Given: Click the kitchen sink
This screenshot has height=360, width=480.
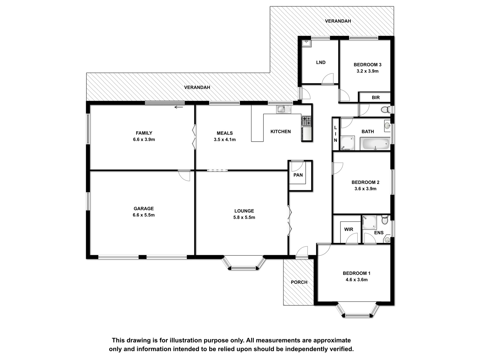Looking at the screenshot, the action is (283, 109).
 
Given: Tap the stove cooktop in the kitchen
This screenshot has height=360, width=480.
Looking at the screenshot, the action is (306, 121).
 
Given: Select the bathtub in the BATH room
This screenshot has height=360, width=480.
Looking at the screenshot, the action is (375, 144).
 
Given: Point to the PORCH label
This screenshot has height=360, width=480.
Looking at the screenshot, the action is (299, 282).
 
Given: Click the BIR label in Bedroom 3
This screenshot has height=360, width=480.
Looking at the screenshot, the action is (376, 97).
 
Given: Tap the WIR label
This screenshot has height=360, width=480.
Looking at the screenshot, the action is (348, 229).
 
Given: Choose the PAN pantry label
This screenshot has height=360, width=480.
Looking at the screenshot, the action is (298, 175).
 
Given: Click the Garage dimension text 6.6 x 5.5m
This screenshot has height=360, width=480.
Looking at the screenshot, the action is (143, 215).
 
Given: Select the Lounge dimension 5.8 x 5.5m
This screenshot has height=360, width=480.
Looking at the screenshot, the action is (244, 217).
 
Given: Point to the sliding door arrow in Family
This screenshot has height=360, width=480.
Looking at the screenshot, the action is (178, 107).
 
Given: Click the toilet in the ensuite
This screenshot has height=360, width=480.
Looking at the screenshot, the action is (385, 219).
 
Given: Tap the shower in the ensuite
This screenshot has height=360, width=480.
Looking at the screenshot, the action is (369, 222).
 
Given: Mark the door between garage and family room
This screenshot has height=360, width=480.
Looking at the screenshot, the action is (184, 175).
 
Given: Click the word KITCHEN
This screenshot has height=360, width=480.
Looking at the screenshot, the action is (280, 132).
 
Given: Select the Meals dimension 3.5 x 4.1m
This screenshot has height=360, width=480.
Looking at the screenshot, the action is (225, 139).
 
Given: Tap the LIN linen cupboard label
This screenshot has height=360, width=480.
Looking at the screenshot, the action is (335, 134).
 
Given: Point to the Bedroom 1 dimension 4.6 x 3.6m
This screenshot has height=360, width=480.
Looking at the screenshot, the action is (356, 280).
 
